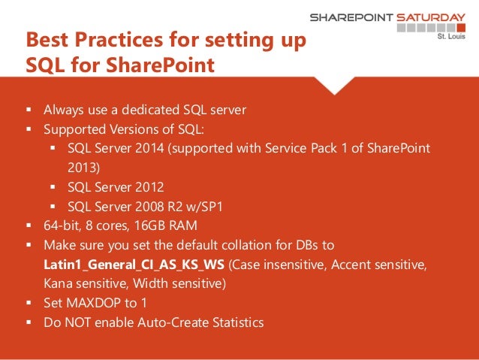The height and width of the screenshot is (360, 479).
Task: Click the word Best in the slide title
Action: click(49, 40)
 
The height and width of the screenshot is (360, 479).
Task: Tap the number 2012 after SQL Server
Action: click(151, 186)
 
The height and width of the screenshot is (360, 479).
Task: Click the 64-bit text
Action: click(62, 225)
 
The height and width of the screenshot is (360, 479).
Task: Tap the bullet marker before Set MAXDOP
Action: click(29, 304)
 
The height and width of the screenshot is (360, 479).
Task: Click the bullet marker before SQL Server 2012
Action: click(53, 186)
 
